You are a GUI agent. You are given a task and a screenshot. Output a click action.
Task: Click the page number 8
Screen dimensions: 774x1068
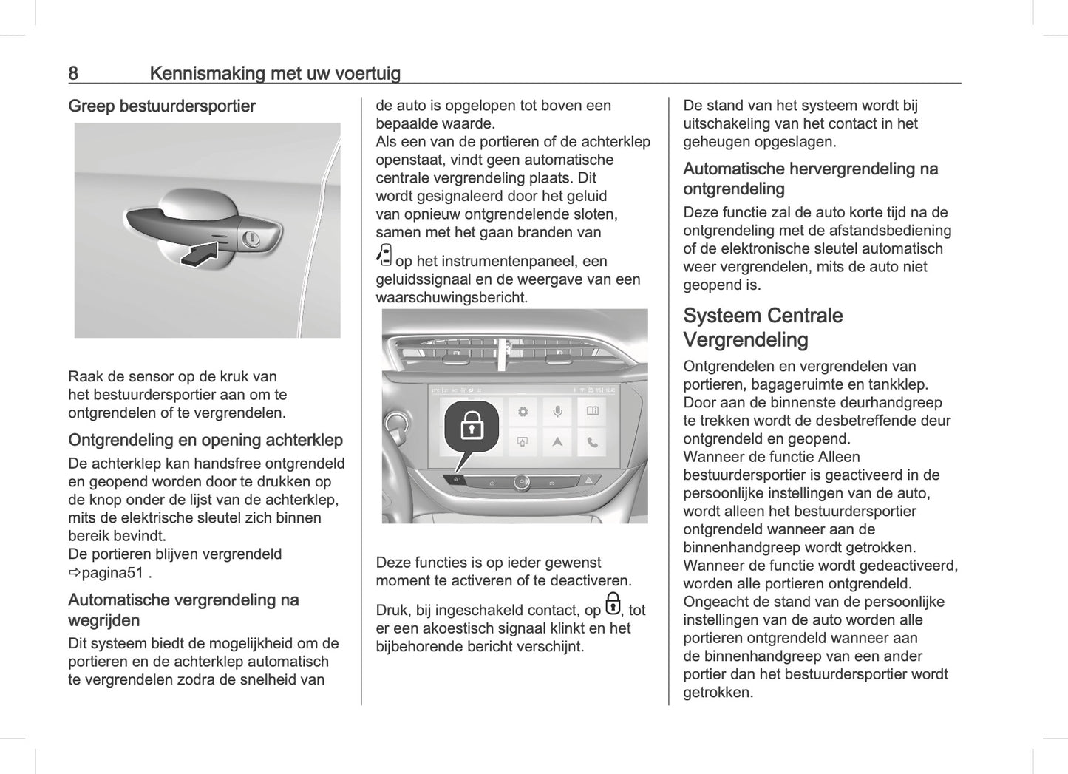click(x=73, y=73)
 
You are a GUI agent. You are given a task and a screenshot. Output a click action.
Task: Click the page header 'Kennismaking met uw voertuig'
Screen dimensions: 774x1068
click(x=275, y=73)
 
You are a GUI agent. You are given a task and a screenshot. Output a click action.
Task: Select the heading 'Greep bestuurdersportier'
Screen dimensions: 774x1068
click(x=162, y=106)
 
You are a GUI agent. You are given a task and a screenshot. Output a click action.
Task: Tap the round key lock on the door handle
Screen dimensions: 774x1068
click(x=250, y=239)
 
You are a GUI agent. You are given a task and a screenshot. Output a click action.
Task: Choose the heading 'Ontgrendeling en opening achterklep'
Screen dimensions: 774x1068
click(x=205, y=441)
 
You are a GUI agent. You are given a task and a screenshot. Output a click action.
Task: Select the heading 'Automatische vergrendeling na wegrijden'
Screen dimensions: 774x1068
click(x=183, y=610)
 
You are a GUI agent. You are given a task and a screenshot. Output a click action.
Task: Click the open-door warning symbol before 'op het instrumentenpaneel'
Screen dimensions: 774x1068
click(x=384, y=256)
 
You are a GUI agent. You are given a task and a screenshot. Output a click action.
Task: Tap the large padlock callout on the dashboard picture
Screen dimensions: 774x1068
click(x=472, y=426)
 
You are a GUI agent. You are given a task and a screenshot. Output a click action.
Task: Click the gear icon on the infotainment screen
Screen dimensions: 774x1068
click(x=523, y=412)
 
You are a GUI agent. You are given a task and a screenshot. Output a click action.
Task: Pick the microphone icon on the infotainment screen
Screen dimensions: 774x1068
click(x=557, y=412)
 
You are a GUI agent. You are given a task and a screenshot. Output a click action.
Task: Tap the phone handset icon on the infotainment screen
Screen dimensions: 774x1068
click(x=592, y=442)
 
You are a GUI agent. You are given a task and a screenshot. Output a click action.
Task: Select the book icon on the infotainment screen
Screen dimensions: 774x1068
click(x=592, y=412)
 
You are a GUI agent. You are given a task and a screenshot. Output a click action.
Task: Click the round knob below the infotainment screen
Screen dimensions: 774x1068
click(x=521, y=483)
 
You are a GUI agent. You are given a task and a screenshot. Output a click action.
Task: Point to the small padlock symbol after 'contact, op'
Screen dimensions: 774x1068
click(x=613, y=605)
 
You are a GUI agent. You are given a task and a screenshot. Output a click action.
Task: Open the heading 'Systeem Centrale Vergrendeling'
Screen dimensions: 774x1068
click(x=763, y=327)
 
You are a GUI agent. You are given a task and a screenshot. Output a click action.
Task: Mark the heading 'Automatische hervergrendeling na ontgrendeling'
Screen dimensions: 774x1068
click(x=810, y=179)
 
